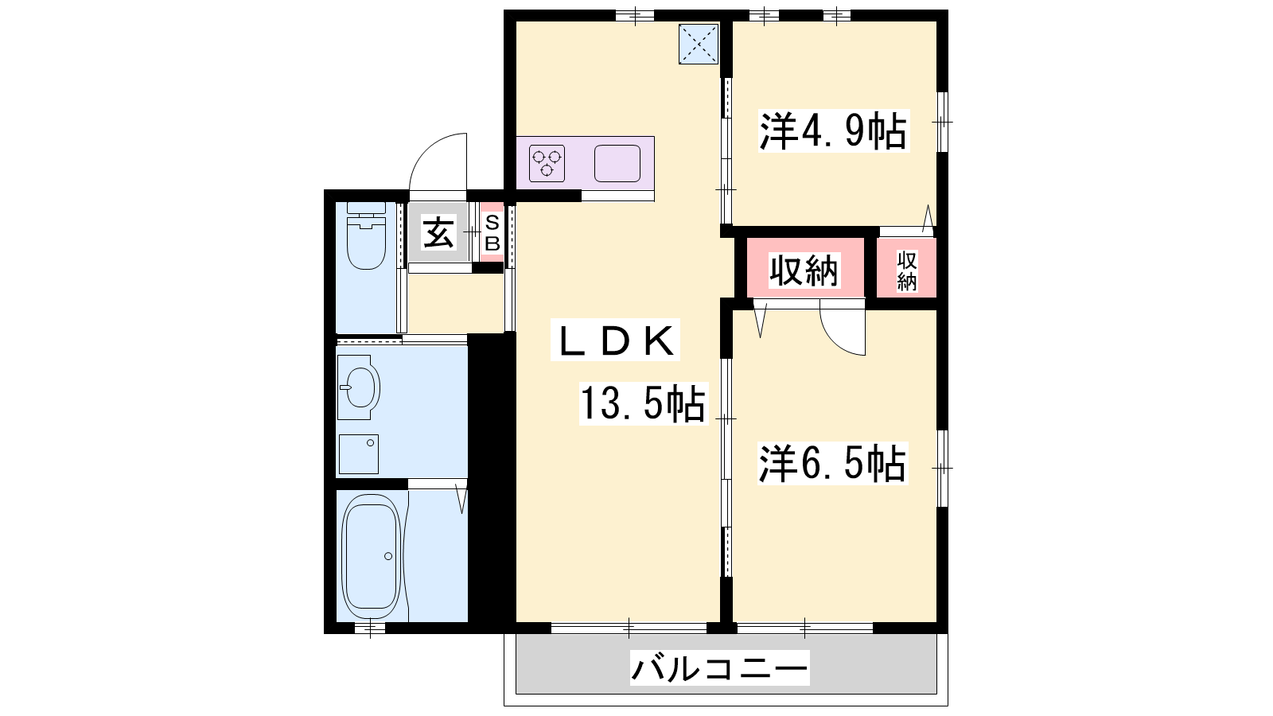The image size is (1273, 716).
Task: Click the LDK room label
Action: (616, 340)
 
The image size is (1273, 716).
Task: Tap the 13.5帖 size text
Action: (644, 403)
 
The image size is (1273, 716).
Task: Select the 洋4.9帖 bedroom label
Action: (833, 131)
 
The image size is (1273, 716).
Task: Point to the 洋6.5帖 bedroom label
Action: (833, 464)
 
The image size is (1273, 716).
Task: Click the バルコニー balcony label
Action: (719, 668)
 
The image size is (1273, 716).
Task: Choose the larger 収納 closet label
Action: (804, 270)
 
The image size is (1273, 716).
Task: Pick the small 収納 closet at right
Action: (906, 270)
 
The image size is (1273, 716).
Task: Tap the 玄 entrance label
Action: (438, 233)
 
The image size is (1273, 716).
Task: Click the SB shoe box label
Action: (492, 232)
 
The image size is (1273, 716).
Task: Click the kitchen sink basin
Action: (617, 164)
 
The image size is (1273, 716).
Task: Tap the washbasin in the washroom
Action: (359, 387)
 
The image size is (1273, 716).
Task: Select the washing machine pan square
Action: (359, 454)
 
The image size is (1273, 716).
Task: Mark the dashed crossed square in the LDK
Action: (699, 44)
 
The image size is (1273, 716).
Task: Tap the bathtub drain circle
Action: (388, 556)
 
